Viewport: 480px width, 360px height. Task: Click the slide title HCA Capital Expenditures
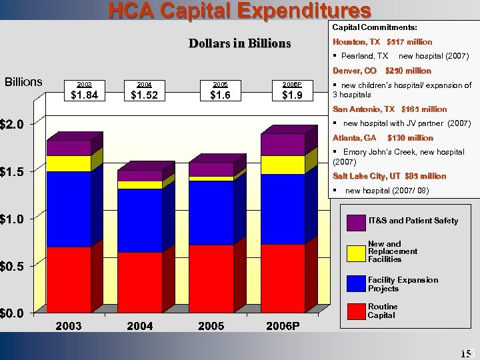coord(240,11)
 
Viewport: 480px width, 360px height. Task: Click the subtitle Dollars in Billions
coord(239,43)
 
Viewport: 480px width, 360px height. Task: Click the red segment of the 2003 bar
coord(69,279)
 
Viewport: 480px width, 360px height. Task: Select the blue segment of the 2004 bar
coord(140,220)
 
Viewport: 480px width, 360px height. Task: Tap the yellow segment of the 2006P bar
coord(283,165)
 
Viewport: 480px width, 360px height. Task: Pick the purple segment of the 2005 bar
coord(211,169)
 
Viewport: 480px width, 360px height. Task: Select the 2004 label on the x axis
coord(140,326)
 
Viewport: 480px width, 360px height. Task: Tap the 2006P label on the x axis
coord(283,326)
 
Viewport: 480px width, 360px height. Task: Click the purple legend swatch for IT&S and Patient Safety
coord(357,221)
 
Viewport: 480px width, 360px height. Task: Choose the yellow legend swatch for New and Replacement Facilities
coord(357,252)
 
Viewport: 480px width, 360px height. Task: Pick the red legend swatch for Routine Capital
coord(357,311)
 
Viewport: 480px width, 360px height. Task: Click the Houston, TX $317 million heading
coord(382,42)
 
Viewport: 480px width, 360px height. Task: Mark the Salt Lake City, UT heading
coord(389,176)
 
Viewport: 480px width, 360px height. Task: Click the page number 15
coord(465,353)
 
